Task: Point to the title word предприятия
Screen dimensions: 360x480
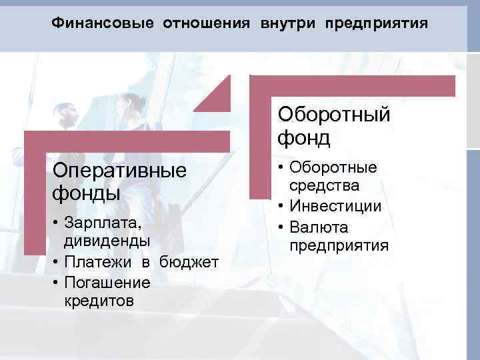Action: click(x=376, y=24)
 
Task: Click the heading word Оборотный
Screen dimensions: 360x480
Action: click(x=333, y=114)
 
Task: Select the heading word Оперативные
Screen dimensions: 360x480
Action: click(x=119, y=170)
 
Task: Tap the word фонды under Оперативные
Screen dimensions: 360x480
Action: click(x=86, y=193)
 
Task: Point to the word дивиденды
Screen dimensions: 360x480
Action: click(x=107, y=239)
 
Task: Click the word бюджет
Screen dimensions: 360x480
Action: click(x=189, y=263)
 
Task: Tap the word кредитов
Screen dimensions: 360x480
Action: click(x=99, y=301)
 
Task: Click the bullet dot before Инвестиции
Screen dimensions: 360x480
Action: click(x=282, y=206)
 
